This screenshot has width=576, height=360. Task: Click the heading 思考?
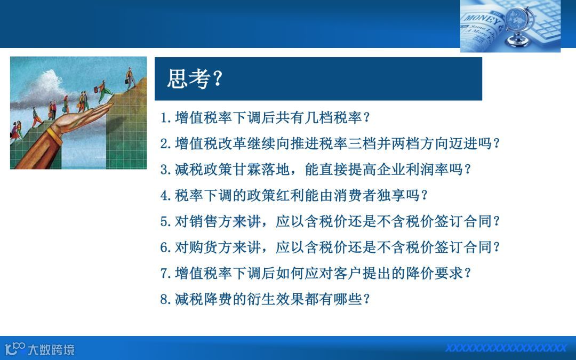[x=195, y=78]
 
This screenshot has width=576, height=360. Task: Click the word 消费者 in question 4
[x=355, y=195]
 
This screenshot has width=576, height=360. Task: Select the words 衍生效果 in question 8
[x=276, y=299]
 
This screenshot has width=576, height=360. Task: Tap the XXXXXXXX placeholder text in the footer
[x=506, y=348]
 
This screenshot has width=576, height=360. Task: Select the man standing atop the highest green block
[x=130, y=78]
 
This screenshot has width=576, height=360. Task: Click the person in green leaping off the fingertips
[x=104, y=92]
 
